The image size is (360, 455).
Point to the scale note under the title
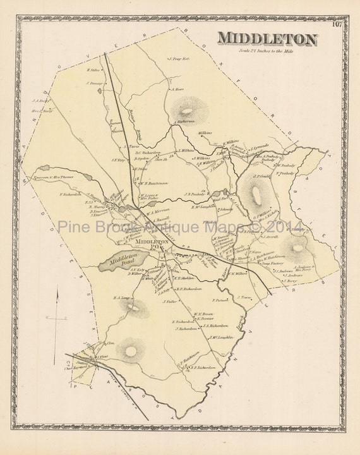tap(268, 51)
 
